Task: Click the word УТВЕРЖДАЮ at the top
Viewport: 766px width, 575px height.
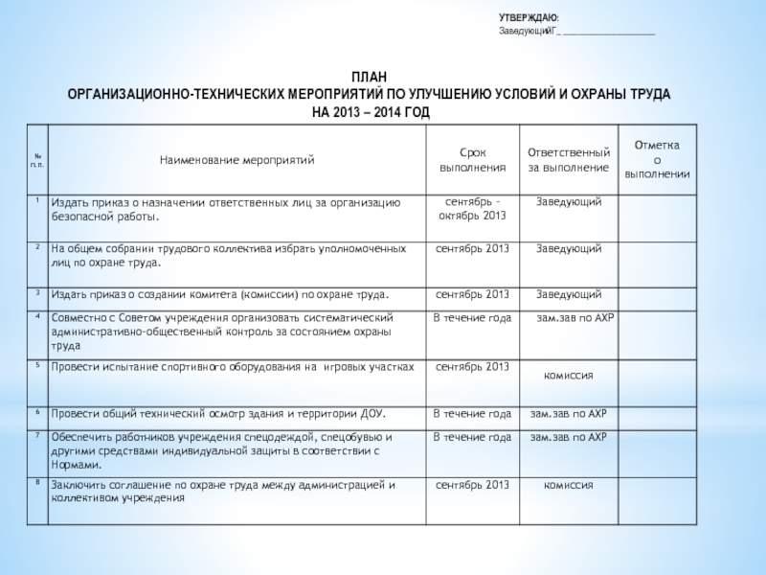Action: [x=529, y=18]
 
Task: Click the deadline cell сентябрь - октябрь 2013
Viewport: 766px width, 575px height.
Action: [x=471, y=209]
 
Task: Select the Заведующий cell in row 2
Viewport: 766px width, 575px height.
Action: [x=569, y=248]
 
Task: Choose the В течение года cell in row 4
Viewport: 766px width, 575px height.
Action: [x=472, y=317]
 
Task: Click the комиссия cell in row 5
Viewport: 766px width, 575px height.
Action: [x=569, y=375]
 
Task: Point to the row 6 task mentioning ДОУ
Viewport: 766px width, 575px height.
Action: [x=218, y=414]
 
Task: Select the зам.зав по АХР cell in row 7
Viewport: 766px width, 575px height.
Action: [x=569, y=437]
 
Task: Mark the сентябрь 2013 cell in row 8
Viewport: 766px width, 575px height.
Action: [x=471, y=485]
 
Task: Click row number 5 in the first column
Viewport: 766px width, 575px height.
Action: [x=36, y=365]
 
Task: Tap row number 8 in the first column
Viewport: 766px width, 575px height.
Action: [x=36, y=483]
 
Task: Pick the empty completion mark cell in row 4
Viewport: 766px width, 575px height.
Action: [x=657, y=333]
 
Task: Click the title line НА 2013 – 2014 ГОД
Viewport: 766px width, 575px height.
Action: [x=371, y=112]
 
